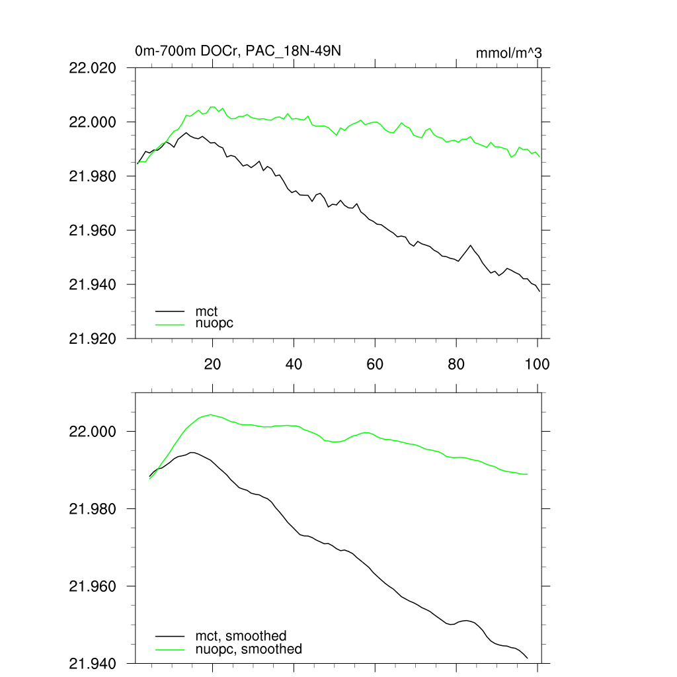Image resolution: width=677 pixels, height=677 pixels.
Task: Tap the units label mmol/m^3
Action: pos(508,53)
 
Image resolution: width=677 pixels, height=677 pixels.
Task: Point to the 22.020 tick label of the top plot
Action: pos(93,67)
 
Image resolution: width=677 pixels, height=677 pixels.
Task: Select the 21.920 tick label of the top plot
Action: pos(93,338)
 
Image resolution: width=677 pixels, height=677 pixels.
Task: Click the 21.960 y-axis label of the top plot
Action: pos(93,230)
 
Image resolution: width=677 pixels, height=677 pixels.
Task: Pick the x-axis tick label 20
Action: pos(212,364)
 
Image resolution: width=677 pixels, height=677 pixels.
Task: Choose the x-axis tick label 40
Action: pos(294,364)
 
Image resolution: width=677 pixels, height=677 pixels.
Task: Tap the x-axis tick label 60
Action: pos(375,364)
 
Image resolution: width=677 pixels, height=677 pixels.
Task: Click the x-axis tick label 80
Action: pos(456,364)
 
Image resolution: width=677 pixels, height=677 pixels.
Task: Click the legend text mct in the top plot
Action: pos(206,310)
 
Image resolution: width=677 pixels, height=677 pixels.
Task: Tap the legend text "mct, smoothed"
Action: pos(241,636)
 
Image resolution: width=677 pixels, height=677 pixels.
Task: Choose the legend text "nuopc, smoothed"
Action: pos(249,649)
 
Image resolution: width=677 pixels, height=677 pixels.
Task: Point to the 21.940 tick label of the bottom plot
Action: pos(93,663)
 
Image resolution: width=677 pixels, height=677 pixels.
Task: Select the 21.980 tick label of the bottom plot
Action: pos(93,508)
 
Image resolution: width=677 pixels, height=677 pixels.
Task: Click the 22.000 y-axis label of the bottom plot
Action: pos(93,431)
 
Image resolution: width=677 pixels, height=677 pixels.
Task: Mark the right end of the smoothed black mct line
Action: pos(528,658)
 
